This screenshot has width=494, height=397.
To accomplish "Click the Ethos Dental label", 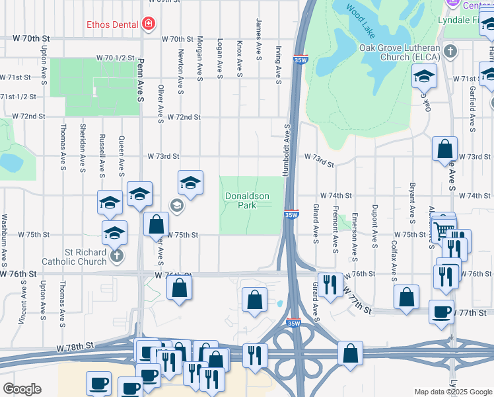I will click(x=113, y=25).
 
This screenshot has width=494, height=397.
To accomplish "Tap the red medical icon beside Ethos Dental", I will click(x=149, y=25).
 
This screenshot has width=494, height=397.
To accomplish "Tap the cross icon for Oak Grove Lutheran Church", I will click(x=450, y=51).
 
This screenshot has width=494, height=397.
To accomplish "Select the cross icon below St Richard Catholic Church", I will click(x=116, y=255).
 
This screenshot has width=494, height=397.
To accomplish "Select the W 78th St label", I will click(x=76, y=346).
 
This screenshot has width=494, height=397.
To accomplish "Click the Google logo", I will click(x=22, y=389).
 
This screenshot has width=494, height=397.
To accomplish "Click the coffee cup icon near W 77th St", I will click(x=441, y=310).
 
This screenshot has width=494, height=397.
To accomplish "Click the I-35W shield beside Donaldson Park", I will click(x=292, y=215).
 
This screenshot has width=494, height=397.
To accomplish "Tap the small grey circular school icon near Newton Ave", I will click(x=176, y=205).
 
